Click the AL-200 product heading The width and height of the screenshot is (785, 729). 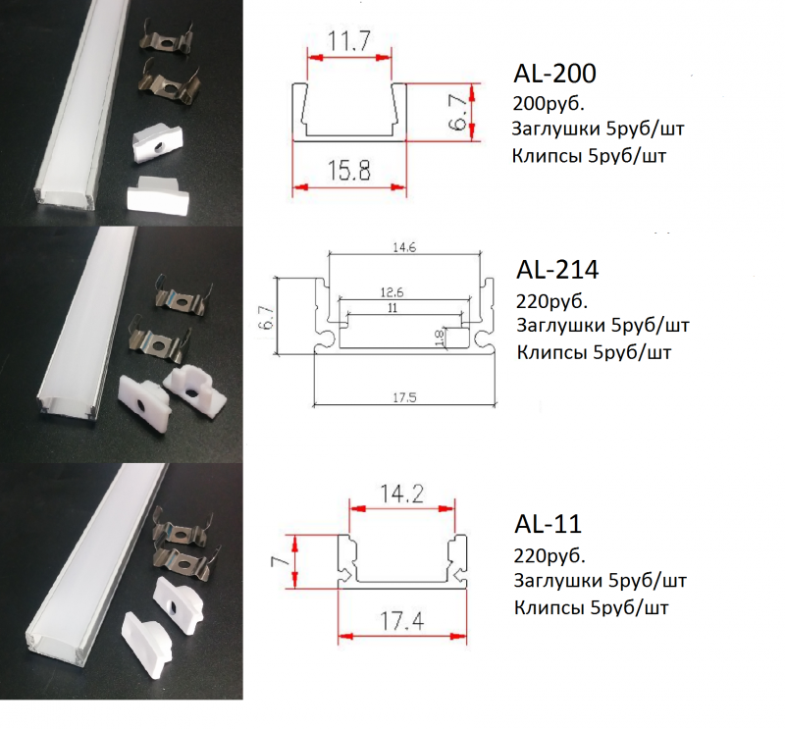(x=554, y=75)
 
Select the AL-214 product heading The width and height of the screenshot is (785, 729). (x=557, y=270)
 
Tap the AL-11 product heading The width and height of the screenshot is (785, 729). (x=549, y=524)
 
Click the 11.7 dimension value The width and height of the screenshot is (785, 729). (x=349, y=41)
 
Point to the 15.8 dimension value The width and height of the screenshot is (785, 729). (x=349, y=170)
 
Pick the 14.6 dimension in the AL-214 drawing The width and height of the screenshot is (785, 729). (x=404, y=247)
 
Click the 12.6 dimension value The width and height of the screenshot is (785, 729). (x=392, y=292)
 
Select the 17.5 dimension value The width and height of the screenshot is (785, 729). (x=404, y=397)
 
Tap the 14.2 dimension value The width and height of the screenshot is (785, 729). (x=401, y=495)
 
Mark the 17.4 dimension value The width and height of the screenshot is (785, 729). (x=402, y=621)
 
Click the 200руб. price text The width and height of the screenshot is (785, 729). (x=549, y=104)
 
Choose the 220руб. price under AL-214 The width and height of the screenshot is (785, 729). (x=551, y=301)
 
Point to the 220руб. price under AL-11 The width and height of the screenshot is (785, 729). (x=549, y=555)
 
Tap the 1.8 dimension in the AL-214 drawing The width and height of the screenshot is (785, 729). (x=439, y=338)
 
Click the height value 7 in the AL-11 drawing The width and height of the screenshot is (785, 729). (x=281, y=560)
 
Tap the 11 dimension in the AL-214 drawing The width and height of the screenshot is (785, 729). (x=392, y=308)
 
